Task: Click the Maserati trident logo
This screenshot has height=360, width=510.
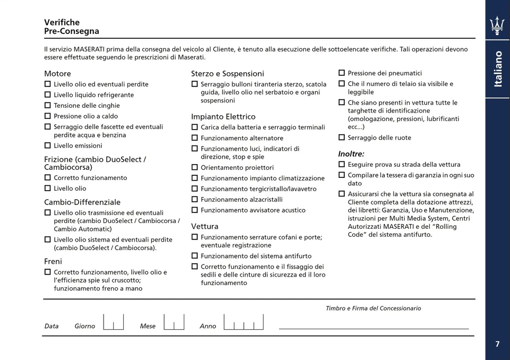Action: point(497,25)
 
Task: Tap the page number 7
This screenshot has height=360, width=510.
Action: point(497,344)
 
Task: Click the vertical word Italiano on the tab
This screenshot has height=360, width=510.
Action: point(498,69)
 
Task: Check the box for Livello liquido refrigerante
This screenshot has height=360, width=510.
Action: point(47,95)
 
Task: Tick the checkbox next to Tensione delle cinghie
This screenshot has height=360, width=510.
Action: point(47,105)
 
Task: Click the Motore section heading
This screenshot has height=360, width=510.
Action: point(57,73)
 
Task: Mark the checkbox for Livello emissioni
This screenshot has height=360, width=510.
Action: point(47,145)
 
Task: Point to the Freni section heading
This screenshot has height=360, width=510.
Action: point(53,261)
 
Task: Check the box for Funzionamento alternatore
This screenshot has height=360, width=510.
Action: point(194,138)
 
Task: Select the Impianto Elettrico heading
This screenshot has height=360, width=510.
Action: point(223,116)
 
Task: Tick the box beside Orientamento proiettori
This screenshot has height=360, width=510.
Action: point(194,168)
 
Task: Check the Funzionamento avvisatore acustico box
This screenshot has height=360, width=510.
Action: point(194,210)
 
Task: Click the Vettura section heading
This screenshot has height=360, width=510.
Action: point(205,226)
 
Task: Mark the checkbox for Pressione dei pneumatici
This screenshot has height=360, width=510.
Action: point(342,73)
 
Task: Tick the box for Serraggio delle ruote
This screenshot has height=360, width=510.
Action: point(342,138)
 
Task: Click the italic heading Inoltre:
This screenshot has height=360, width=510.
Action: point(351,153)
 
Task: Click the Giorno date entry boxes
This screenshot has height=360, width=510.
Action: point(113,322)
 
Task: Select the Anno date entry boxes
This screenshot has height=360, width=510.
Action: point(243,322)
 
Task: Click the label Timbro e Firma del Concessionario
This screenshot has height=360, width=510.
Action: point(373,308)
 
